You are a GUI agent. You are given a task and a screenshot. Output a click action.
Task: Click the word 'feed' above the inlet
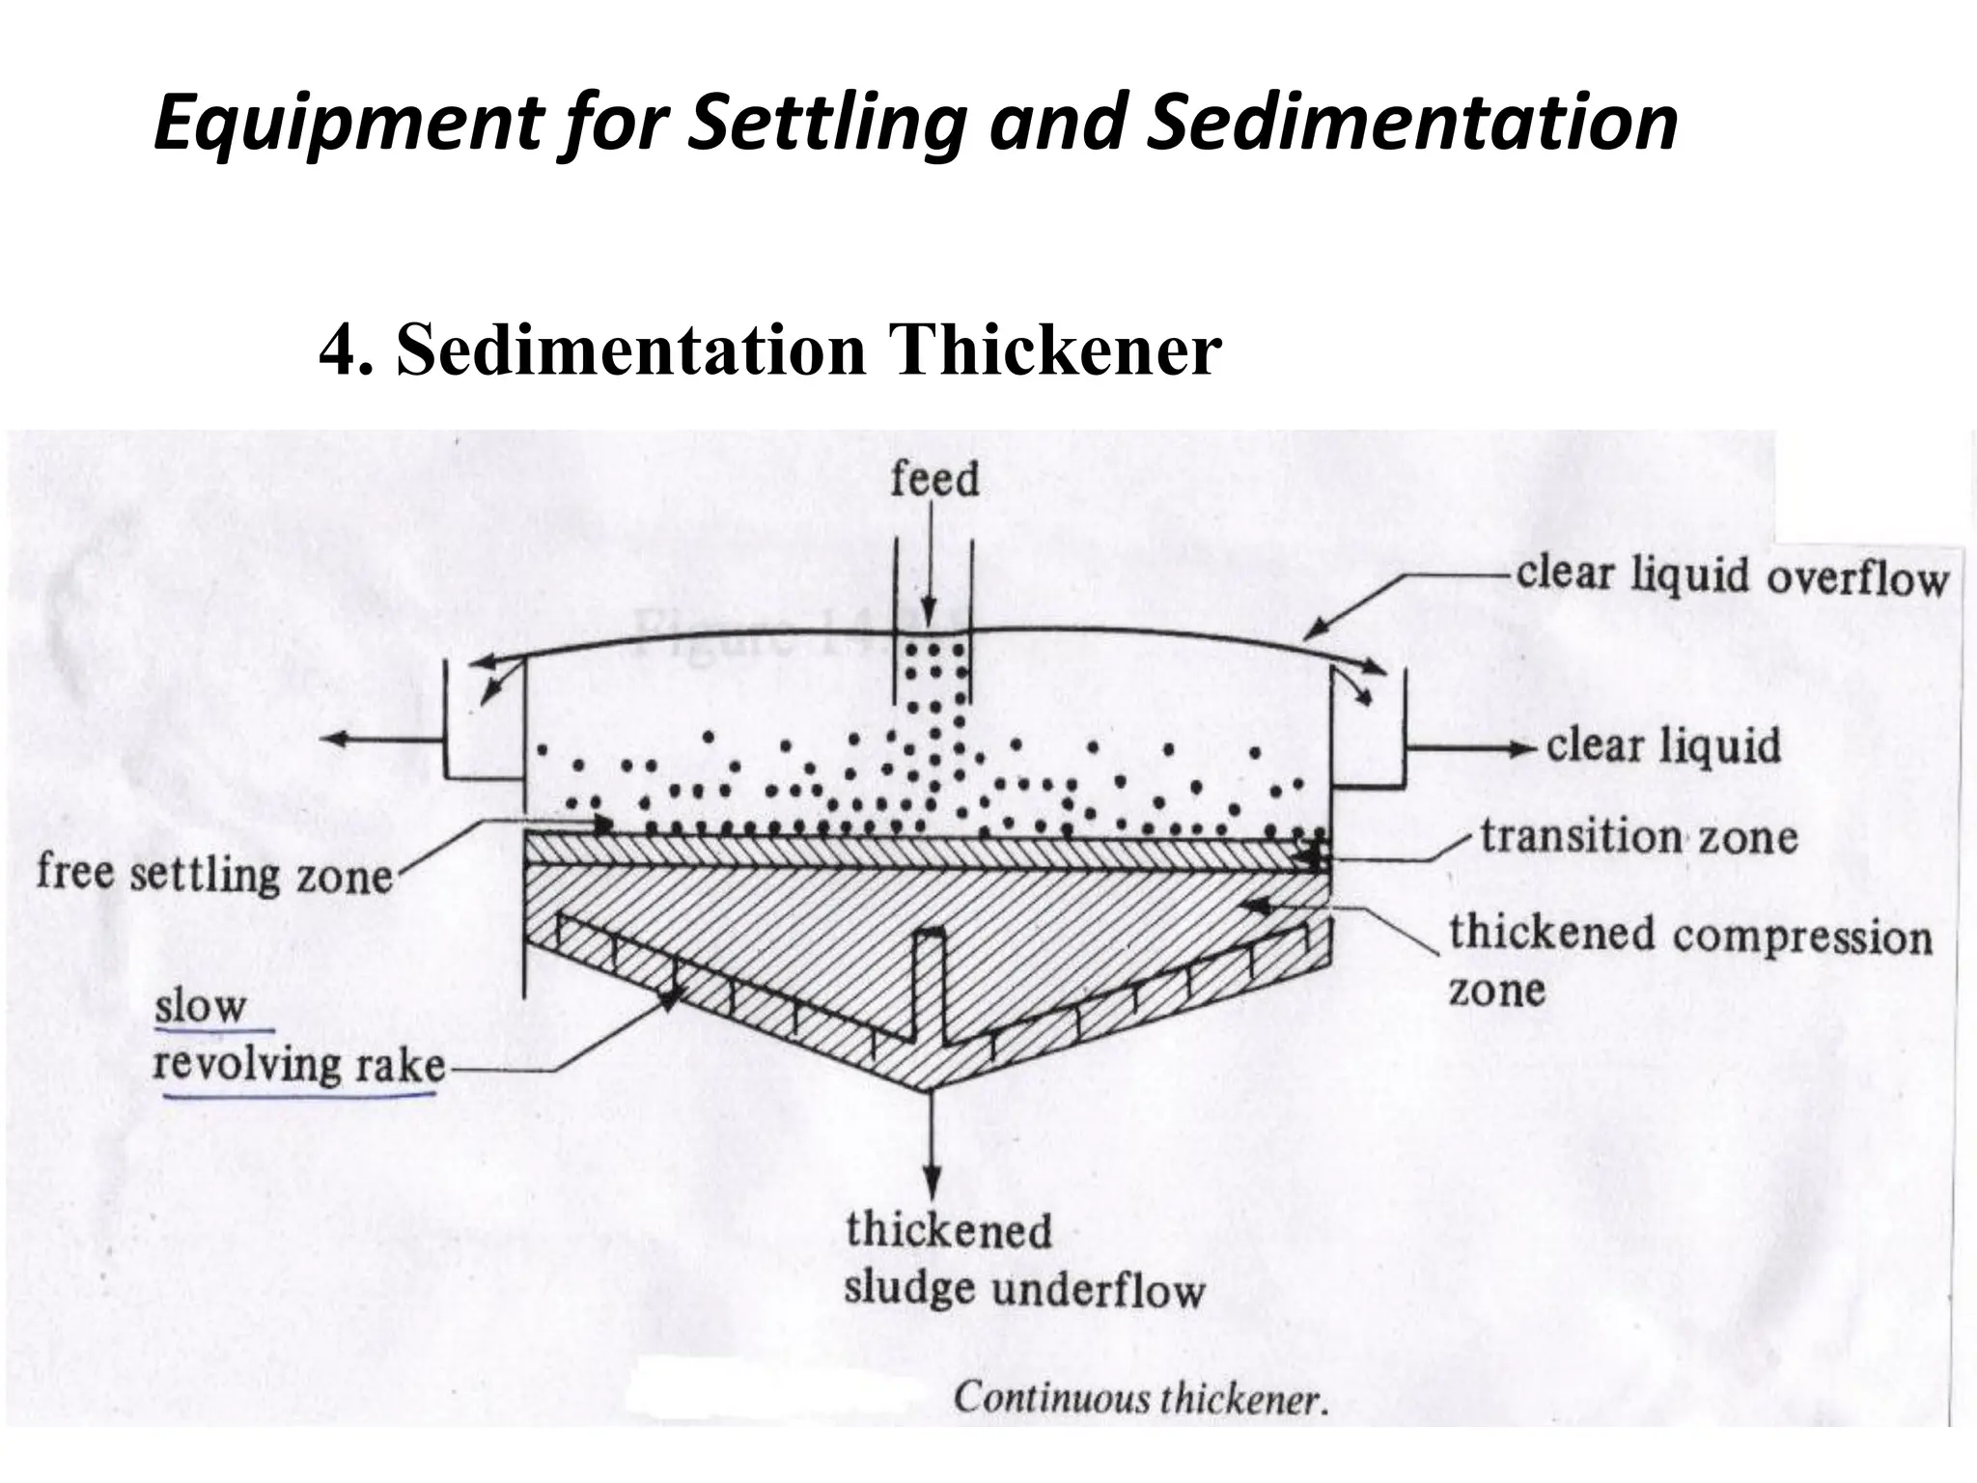(933, 480)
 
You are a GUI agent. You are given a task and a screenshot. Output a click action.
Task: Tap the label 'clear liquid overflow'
(1732, 576)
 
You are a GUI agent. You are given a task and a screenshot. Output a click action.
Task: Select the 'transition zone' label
(1639, 836)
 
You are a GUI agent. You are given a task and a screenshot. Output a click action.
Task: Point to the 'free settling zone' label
(214, 875)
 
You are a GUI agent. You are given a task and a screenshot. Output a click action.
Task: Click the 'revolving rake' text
(300, 1066)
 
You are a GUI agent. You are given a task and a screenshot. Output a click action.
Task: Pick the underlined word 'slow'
(201, 1006)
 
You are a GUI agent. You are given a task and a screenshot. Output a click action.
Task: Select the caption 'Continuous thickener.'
(1140, 1399)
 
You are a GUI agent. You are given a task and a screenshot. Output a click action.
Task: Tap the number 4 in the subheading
(335, 350)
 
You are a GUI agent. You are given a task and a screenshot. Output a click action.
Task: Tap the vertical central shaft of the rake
(931, 985)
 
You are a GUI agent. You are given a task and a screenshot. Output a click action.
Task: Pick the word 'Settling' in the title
(824, 124)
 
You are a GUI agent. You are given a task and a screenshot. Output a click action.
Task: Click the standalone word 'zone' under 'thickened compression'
(1496, 991)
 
